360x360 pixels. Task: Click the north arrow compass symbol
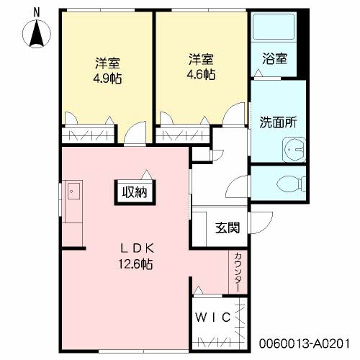tap(37, 33)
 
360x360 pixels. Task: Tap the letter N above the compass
tap(37, 12)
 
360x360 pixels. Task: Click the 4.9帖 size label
tap(107, 78)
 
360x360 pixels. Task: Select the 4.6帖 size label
tap(201, 74)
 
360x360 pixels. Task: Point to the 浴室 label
tap(274, 59)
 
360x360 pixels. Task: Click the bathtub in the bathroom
tap(274, 27)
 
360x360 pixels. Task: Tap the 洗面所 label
tap(278, 122)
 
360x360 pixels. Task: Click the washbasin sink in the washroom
tap(294, 150)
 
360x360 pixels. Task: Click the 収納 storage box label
tap(135, 192)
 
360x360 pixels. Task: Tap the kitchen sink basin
tap(73, 191)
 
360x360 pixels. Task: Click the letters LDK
tap(137, 248)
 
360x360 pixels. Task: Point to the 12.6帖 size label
tap(135, 264)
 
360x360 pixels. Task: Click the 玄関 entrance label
tap(228, 228)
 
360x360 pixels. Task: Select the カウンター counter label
tap(238, 272)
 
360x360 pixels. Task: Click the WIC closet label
tap(213, 318)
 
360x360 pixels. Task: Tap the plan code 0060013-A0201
tap(305, 343)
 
